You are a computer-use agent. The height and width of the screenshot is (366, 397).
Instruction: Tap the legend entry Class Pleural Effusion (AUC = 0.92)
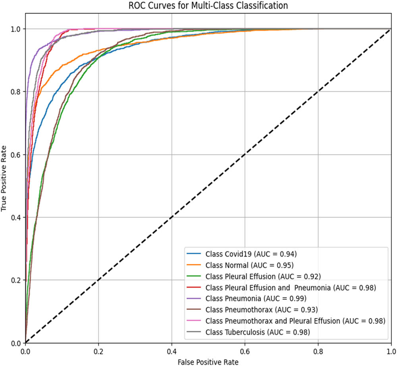coord(263,275)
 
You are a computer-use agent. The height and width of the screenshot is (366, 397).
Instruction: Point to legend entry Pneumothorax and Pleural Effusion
coord(295,320)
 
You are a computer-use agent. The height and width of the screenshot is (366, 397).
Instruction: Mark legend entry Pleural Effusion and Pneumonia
coord(290,287)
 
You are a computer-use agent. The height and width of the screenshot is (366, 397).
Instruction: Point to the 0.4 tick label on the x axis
coord(172,351)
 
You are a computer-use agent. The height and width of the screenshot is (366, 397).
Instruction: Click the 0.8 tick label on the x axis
coord(318,351)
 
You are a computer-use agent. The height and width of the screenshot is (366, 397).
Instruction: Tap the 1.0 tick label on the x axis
coord(391,351)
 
